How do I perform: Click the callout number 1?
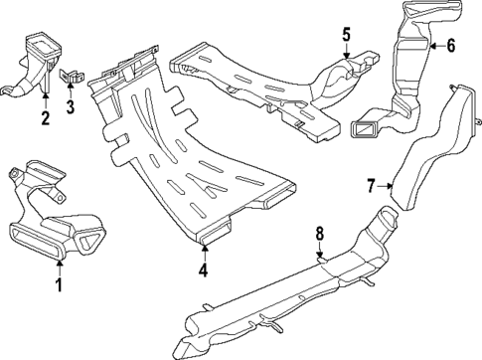(59, 286)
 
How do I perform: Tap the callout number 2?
(45, 120)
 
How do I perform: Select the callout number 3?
(70, 106)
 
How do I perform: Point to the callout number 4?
(203, 269)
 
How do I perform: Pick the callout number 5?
(346, 35)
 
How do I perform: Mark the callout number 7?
(371, 184)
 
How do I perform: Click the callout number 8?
(319, 236)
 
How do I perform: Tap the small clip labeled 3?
(72, 76)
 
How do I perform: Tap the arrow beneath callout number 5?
(346, 54)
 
